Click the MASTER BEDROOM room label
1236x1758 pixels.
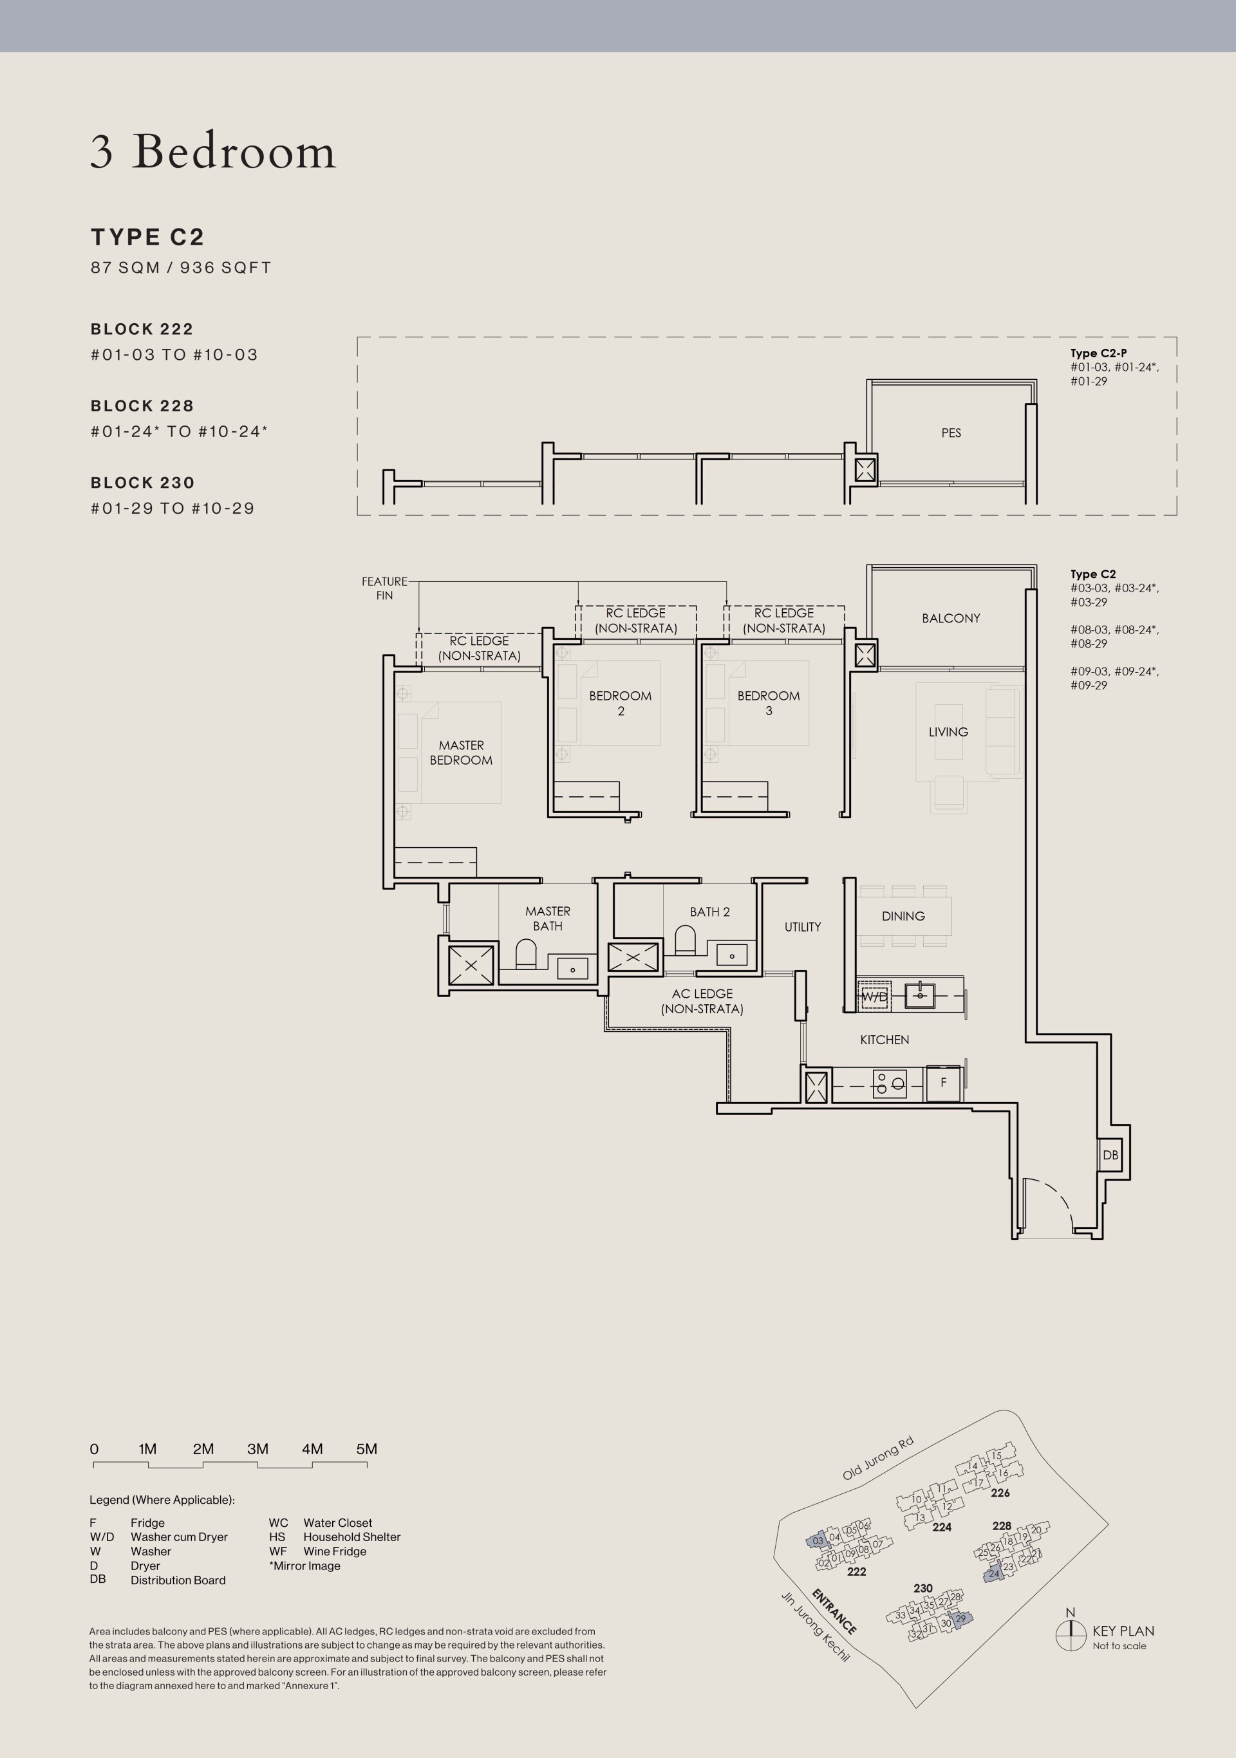(461, 752)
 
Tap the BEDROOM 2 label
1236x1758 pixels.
(621, 703)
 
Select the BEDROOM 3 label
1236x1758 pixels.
(769, 703)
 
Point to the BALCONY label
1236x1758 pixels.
(951, 618)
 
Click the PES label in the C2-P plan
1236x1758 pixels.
(951, 433)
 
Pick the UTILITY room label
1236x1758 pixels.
(803, 926)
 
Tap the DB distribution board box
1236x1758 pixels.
(1110, 1155)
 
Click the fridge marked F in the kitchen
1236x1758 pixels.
(944, 1083)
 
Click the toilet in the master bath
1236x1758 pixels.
(526, 954)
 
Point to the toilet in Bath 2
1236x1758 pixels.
(686, 940)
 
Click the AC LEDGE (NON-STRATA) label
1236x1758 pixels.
(702, 1002)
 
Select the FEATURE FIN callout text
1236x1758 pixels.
(384, 588)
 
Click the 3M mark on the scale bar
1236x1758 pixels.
(258, 1448)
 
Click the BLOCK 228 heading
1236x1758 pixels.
(142, 406)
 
